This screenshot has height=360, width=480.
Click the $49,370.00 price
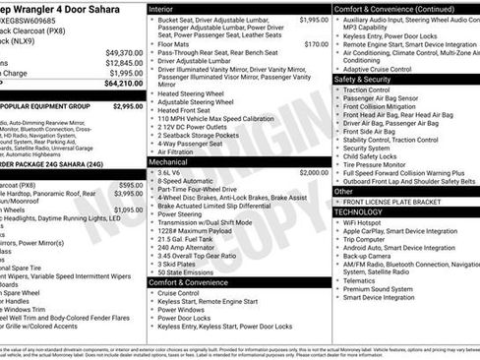(x=124, y=52)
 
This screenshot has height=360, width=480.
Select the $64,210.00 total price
(x=124, y=84)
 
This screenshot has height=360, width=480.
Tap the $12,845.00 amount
(x=124, y=62)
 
